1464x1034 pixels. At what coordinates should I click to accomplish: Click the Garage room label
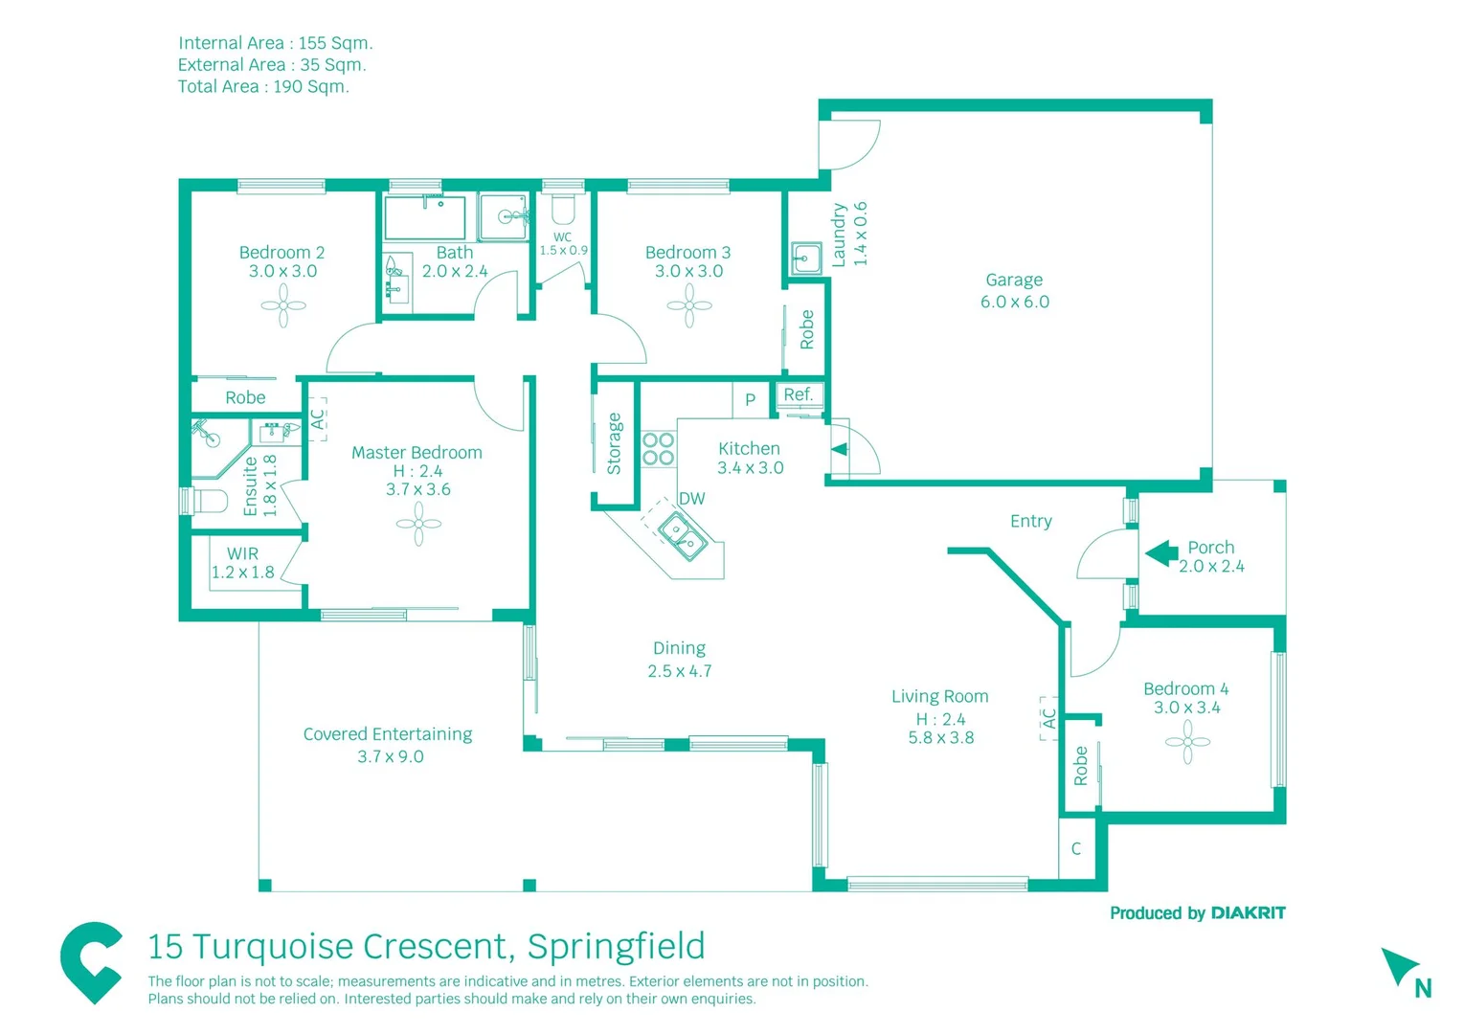[x=1014, y=281]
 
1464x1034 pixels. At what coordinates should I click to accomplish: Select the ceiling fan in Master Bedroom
[x=418, y=525]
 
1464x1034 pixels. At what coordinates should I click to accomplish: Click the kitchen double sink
[x=682, y=534]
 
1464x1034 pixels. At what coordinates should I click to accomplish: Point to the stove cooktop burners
[x=658, y=449]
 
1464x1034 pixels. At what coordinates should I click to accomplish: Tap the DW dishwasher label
[x=691, y=499]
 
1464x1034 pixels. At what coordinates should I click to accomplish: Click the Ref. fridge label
[x=798, y=394]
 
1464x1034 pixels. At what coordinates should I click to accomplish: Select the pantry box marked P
[x=750, y=399]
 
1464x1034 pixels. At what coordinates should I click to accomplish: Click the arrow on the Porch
[x=1161, y=553]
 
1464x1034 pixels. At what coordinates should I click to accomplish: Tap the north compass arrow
[x=1399, y=966]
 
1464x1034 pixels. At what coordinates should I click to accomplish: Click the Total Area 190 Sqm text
[x=263, y=86]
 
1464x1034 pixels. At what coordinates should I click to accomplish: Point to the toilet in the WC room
[x=563, y=210]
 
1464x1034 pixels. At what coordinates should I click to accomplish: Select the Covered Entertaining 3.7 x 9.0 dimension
[x=390, y=756]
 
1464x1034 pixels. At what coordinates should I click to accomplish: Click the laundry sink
[x=805, y=258]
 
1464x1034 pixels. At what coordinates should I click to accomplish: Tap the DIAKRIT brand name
[x=1248, y=913]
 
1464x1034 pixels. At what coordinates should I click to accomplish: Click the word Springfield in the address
[x=616, y=946]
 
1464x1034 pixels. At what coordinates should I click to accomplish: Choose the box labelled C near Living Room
[x=1076, y=848]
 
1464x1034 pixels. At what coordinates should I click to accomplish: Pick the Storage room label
[x=614, y=443]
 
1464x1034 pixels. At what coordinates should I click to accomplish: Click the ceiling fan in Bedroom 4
[x=1187, y=742]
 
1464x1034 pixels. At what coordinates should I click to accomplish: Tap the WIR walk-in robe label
[x=242, y=553]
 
